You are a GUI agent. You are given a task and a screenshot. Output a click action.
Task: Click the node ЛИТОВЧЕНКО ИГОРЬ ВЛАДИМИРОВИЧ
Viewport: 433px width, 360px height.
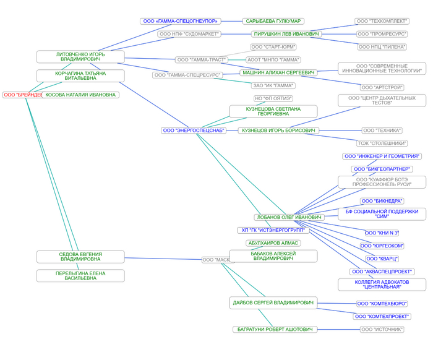click(x=80, y=56)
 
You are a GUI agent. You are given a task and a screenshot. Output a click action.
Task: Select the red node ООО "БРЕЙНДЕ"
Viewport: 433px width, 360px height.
click(x=22, y=95)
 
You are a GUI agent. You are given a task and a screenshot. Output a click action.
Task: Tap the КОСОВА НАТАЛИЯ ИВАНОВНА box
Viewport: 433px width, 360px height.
click(x=80, y=95)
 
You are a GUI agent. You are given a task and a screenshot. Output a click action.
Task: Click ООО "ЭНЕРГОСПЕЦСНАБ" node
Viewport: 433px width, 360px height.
click(x=194, y=131)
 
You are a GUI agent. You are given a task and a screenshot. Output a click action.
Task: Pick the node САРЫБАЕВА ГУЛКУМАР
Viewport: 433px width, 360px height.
click(x=273, y=21)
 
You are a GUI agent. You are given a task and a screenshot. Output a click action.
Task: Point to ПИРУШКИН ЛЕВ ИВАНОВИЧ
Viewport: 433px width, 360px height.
click(x=286, y=34)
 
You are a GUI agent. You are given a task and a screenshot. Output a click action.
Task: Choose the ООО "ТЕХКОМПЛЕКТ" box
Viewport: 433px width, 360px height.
click(x=382, y=21)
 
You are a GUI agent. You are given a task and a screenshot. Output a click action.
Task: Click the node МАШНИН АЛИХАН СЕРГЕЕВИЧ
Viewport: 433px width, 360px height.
click(x=278, y=72)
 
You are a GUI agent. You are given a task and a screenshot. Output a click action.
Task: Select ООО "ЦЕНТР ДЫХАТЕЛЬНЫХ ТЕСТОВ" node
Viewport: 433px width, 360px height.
click(x=382, y=100)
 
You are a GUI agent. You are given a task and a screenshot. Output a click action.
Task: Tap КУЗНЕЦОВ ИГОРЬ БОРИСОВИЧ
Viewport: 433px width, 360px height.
click(x=278, y=131)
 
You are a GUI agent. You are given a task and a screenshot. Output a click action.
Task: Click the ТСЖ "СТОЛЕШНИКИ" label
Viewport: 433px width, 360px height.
click(x=382, y=144)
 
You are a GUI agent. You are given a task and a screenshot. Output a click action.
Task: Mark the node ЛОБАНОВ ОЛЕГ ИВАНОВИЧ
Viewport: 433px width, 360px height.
click(x=288, y=217)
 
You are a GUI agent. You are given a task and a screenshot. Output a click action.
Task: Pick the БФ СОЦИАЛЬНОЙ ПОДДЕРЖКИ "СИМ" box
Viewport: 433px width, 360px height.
click(x=382, y=214)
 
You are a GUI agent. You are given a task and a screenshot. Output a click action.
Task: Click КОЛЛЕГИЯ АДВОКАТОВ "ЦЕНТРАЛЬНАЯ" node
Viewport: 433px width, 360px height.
click(x=382, y=285)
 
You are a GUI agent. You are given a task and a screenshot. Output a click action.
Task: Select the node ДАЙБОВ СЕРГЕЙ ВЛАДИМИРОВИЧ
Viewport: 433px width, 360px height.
click(x=273, y=303)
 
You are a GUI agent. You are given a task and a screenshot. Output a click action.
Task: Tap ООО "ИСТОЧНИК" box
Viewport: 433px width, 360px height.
click(x=382, y=330)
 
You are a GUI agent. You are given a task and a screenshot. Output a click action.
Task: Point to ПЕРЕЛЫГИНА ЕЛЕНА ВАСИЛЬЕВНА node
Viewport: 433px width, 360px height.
click(x=80, y=276)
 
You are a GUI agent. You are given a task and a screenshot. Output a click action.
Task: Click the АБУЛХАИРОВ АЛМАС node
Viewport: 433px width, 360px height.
click(x=273, y=243)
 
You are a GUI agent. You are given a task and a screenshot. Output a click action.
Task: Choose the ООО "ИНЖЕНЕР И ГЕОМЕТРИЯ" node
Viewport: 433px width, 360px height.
click(x=382, y=156)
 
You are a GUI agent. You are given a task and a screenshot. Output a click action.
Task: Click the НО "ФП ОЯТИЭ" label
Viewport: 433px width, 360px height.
click(x=273, y=98)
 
